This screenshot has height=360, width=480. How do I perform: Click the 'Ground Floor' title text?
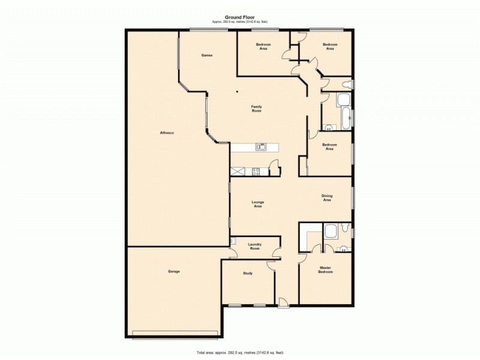239,17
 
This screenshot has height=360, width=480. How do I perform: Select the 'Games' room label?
207,55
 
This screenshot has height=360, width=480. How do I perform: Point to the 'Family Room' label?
256,109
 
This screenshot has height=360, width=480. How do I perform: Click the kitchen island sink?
261,146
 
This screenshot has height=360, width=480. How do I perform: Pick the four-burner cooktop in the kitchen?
256,171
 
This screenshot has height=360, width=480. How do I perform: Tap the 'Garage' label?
173,271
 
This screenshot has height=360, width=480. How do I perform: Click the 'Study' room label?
247,273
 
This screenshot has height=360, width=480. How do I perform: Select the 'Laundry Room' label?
255,246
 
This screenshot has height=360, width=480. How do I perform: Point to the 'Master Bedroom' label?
325,269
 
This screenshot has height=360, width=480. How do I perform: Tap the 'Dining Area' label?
327,197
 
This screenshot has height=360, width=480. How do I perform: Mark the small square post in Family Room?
238,92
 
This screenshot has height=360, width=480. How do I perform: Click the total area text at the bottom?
239,352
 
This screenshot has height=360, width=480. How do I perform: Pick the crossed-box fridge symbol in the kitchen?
238,171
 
